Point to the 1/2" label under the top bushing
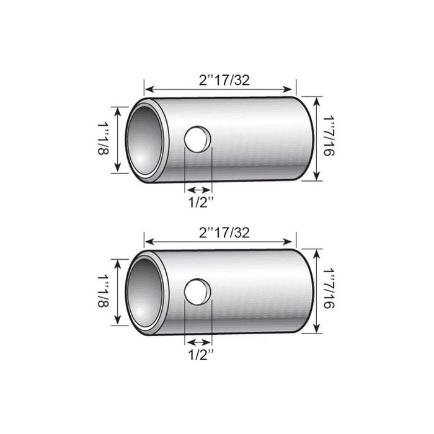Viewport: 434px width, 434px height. [x=199, y=201]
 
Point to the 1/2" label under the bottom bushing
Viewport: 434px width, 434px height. [x=199, y=355]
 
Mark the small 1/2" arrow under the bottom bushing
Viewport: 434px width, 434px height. [x=199, y=342]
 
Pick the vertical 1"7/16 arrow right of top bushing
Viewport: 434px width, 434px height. [x=317, y=138]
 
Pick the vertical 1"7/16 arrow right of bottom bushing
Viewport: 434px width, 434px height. [x=317, y=291]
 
